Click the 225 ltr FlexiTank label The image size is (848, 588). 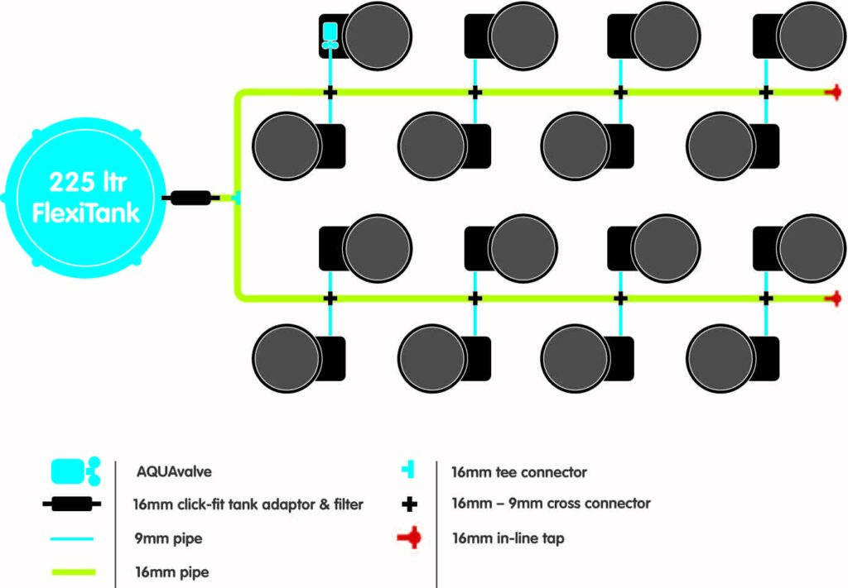pos(86,198)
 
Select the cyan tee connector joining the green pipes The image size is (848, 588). pos(237,198)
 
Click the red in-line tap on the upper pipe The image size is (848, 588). pos(833,93)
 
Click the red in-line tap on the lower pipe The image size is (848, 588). pos(833,298)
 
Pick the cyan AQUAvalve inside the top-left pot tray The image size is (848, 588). pos(330,36)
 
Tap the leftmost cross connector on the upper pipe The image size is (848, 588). pos(330,93)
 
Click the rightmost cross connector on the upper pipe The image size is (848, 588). pos(766,93)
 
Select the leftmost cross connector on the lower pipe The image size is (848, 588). pos(330,298)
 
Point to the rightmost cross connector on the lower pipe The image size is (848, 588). pos(766,298)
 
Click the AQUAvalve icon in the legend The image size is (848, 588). pos(75,471)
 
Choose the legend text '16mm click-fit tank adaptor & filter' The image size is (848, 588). pos(248,504)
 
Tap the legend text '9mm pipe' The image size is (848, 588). pos(169,538)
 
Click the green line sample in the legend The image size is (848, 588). pos(74,572)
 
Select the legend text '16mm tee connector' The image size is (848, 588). pos(519,472)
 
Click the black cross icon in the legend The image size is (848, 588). pos(409,504)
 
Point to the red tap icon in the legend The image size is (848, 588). pos(409,538)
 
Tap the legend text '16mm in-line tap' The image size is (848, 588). pos(508,538)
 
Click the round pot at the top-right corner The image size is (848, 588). pos(811,36)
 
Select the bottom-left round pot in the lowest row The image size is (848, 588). pos(287,358)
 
